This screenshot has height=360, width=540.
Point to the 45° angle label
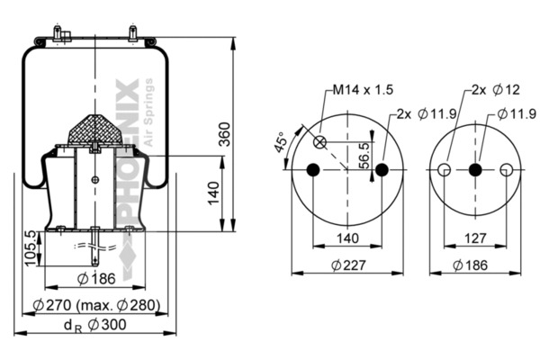280,143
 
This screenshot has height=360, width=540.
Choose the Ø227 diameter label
347,265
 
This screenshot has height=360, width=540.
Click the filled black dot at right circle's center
474,171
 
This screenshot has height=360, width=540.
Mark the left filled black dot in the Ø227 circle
313,171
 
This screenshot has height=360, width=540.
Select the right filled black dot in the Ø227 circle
382,171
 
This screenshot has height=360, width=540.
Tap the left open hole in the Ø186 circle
444,171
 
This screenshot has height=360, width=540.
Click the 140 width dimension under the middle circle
347,238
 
